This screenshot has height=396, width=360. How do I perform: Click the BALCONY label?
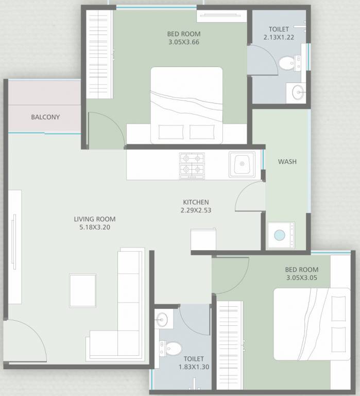[x=45, y=117]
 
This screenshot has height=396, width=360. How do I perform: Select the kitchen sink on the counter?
[x=242, y=164]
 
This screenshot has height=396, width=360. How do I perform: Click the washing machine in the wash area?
[x=280, y=235]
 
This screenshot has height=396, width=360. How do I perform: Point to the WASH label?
[x=287, y=161]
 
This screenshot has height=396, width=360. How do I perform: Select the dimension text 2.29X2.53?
[x=196, y=210]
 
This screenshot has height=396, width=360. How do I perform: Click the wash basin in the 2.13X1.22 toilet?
[x=298, y=93]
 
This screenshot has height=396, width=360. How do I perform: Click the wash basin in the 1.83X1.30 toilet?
[x=163, y=319]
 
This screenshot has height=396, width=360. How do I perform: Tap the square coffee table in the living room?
[x=83, y=290]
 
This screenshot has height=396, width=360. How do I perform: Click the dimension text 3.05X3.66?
[x=183, y=42]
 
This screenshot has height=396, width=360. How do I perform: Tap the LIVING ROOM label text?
[x=94, y=219]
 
